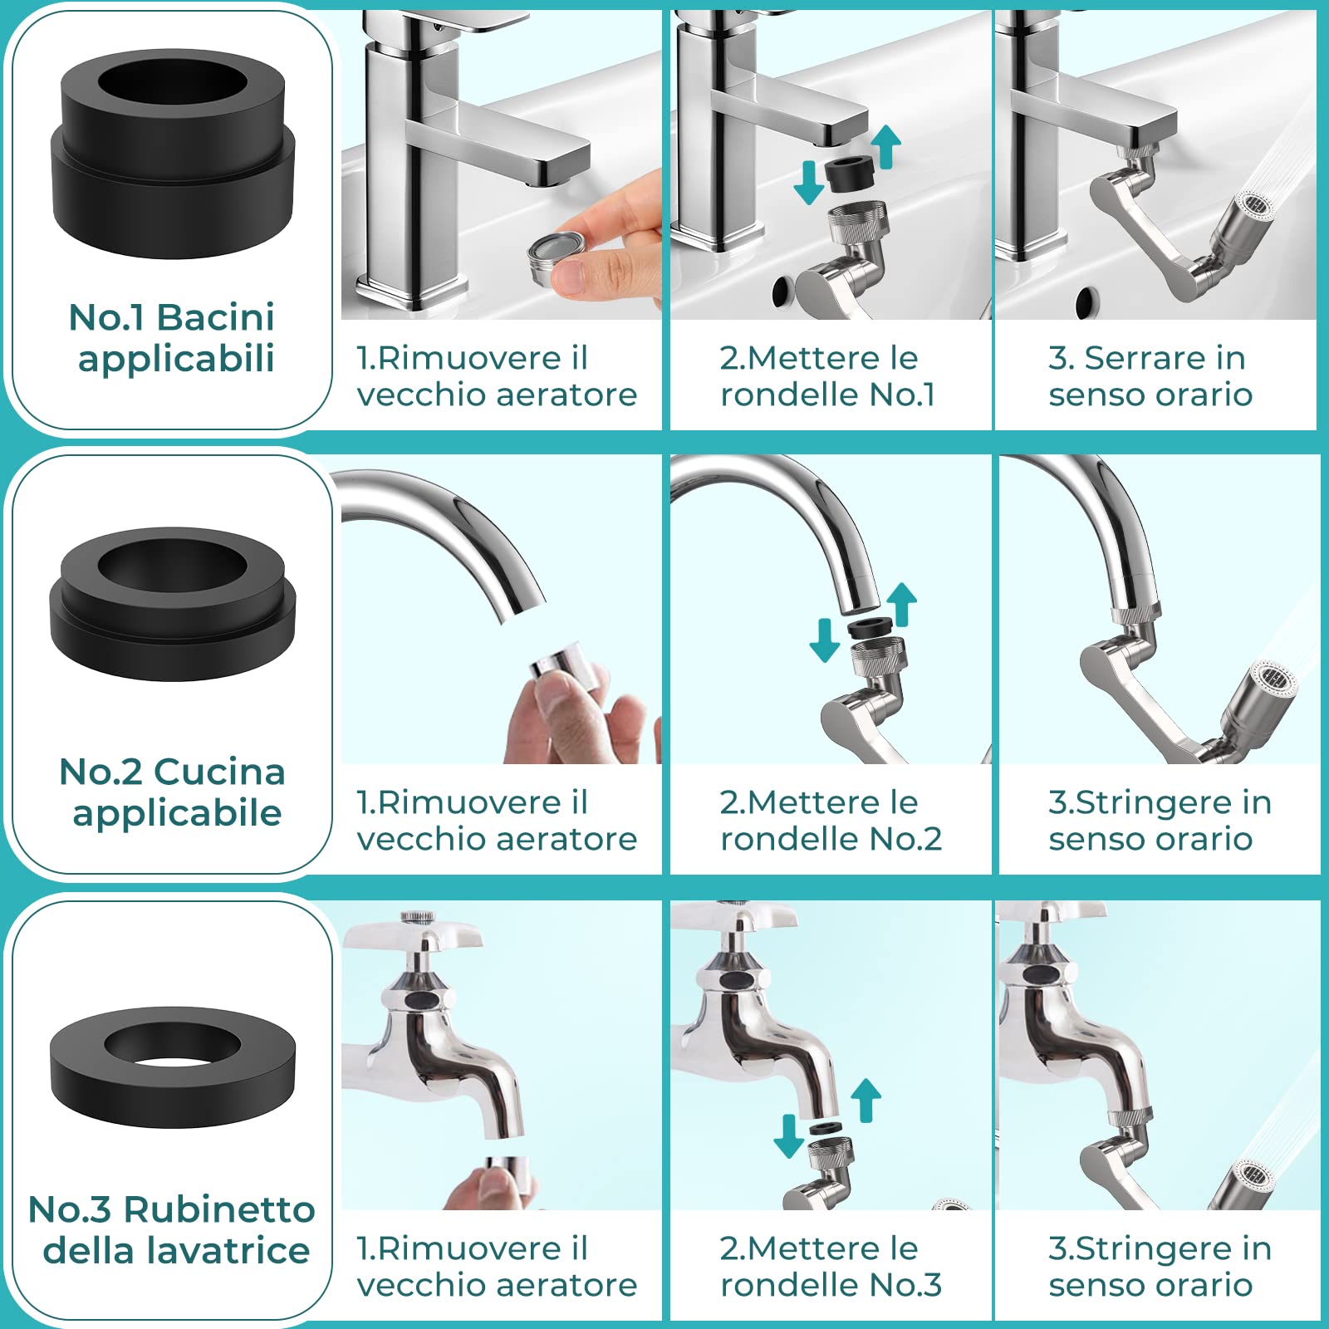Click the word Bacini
coord(216,317)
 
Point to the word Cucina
coord(219,772)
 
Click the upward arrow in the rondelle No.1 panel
coord(886,145)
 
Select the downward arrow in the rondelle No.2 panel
coord(824,638)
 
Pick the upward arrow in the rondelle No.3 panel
coord(866,1099)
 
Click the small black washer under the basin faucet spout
coord(849,172)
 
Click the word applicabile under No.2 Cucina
coord(177,813)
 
